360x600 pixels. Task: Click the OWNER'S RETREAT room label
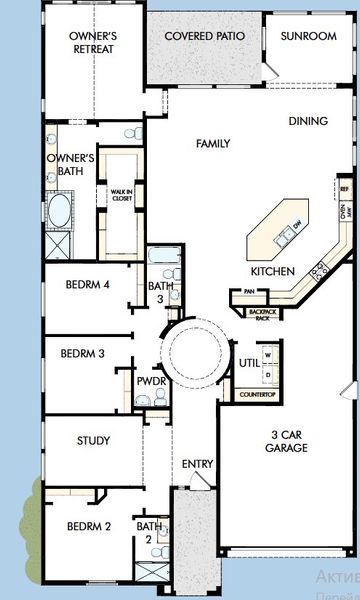click(x=93, y=41)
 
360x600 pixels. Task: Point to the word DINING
click(x=307, y=121)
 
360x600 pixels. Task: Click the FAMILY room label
click(x=211, y=144)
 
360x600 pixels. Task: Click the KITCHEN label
click(x=272, y=272)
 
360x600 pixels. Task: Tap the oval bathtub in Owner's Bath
click(x=58, y=212)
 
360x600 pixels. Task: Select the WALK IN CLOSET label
click(x=121, y=196)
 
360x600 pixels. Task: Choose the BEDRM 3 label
click(x=82, y=353)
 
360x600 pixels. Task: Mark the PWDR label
click(x=151, y=381)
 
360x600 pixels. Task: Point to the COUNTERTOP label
click(x=257, y=395)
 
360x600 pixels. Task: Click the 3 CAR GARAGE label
click(x=286, y=442)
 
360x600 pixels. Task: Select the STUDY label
click(x=92, y=441)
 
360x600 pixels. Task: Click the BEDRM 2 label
click(x=89, y=527)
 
